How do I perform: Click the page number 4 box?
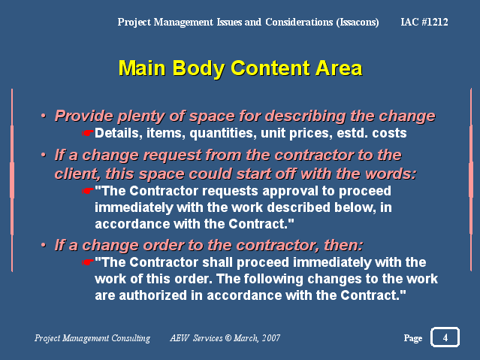(445, 337)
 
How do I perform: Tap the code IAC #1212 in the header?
(424, 22)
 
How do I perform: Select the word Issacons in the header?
(358, 22)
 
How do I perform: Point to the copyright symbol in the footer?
(228, 338)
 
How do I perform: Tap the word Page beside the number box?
(413, 338)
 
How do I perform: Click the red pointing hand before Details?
(88, 133)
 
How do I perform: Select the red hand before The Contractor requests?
(88, 191)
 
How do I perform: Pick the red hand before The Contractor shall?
(88, 262)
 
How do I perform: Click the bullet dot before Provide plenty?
(44, 116)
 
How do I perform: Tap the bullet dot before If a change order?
(44, 246)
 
